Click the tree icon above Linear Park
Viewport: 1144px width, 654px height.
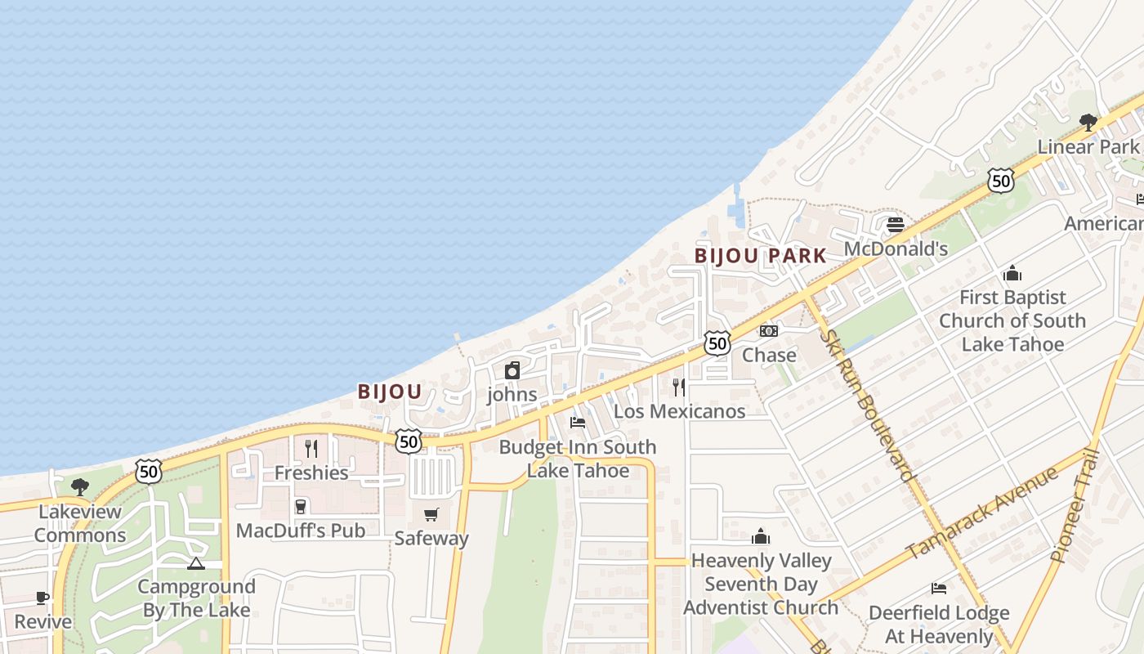tap(1088, 123)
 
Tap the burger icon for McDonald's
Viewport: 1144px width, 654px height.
tap(896, 224)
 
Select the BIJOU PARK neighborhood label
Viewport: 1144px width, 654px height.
tap(761, 256)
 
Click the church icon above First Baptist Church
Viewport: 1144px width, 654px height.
tap(1012, 273)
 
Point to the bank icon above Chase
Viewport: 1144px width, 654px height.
tap(769, 331)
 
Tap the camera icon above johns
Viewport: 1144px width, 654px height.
tap(512, 371)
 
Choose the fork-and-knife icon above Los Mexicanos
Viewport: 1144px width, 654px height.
tap(679, 387)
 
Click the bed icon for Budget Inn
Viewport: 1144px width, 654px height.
tap(578, 423)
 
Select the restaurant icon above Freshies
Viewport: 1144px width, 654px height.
tap(311, 448)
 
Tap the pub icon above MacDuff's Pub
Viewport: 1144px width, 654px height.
tap(301, 507)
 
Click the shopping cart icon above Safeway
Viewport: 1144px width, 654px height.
tap(431, 514)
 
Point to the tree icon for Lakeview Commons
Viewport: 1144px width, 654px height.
tap(80, 487)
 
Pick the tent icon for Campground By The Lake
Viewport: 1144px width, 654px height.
tap(195, 563)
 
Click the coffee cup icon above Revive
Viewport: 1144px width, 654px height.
tap(42, 598)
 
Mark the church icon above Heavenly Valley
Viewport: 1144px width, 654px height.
tap(761, 536)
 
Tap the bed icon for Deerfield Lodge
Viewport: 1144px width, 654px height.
tap(939, 589)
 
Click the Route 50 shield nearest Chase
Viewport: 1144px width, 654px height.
tap(717, 343)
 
